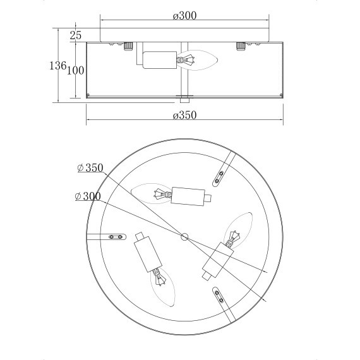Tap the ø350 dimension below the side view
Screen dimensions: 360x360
coord(185,115)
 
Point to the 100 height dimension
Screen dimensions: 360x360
coord(75,71)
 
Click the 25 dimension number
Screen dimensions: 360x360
coord(76,35)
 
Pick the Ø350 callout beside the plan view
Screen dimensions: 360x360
coord(89,168)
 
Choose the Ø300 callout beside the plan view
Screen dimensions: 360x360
coord(87,196)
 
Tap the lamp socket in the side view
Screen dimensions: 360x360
coord(159,61)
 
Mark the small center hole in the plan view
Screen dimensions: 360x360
coord(185,237)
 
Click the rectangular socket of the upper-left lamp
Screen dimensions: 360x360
coord(188,196)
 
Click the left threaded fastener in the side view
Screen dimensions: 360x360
coord(128,45)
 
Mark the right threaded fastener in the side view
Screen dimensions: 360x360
coord(241,45)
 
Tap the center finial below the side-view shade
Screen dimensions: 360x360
coord(184,99)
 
